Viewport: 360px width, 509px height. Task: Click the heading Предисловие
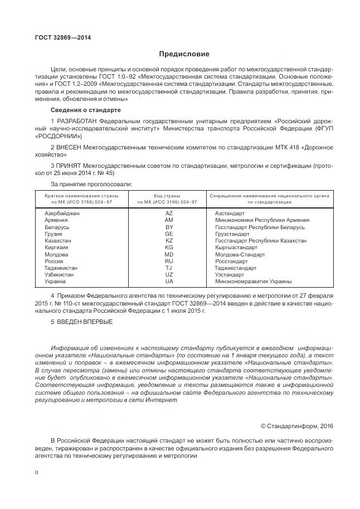click(x=184, y=54)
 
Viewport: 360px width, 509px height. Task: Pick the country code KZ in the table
click(x=169, y=241)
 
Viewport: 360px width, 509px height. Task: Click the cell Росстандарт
click(x=231, y=261)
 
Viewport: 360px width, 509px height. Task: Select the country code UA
click(x=169, y=282)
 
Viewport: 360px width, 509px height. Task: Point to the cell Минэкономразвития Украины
click(x=253, y=282)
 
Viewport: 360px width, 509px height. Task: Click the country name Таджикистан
click(x=61, y=268)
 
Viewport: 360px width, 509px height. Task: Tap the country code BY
click(x=169, y=227)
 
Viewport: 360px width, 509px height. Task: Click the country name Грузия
click(x=53, y=234)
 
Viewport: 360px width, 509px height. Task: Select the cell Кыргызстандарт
click(x=236, y=248)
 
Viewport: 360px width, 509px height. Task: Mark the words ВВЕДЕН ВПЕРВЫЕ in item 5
click(x=84, y=322)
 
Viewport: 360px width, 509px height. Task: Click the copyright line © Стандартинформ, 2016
click(x=297, y=426)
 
